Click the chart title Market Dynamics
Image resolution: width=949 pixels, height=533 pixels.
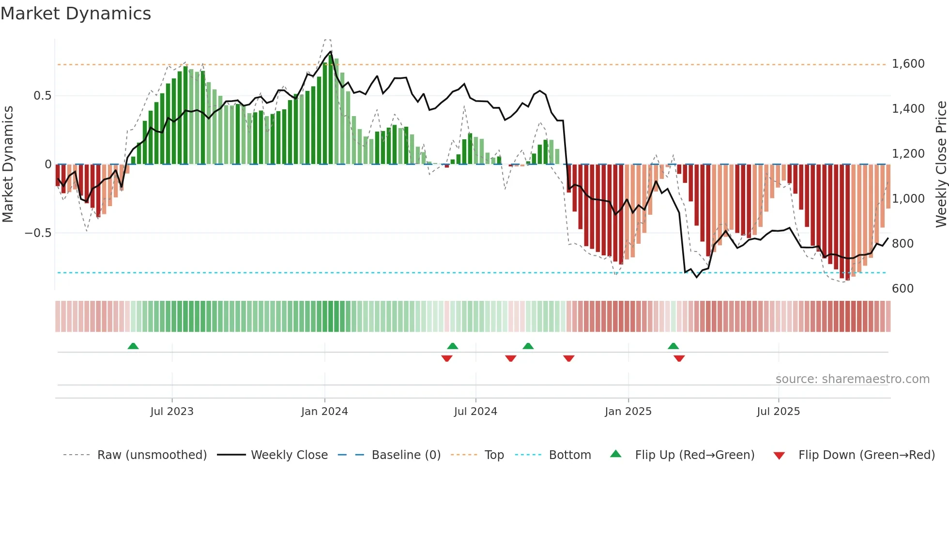tap(76, 14)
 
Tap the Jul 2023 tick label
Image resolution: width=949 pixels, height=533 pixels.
tap(171, 412)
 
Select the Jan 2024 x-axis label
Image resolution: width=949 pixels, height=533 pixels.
tap(324, 412)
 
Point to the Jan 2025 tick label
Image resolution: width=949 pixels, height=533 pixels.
tap(628, 412)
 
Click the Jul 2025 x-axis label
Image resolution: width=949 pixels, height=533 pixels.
tap(778, 412)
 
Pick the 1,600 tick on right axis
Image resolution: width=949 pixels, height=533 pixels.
tap(908, 64)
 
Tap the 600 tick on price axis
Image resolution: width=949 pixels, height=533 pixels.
tap(903, 289)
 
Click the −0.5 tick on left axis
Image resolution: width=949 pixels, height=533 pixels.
tap(38, 233)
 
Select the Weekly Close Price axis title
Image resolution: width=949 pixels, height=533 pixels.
tap(941, 164)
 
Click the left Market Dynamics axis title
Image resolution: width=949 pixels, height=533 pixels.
tap(8, 164)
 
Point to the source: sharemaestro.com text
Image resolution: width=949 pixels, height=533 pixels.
tap(852, 379)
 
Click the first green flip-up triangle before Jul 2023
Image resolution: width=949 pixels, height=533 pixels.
tap(133, 346)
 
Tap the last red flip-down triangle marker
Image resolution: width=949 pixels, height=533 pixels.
tap(679, 358)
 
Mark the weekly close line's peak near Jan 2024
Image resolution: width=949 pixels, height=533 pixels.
tap(331, 51)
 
